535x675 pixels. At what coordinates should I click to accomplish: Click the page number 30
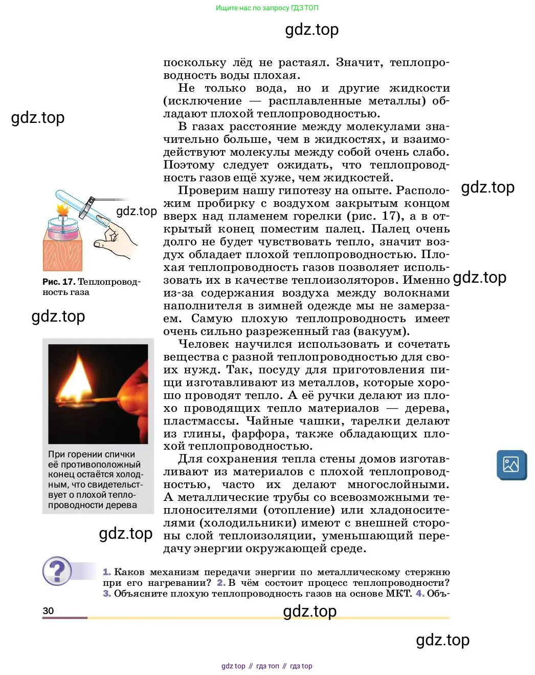click(x=48, y=610)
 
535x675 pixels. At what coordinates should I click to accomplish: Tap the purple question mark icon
click(x=57, y=571)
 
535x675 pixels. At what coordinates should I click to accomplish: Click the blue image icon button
click(x=511, y=465)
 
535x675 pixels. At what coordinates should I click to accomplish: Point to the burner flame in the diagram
click(x=63, y=208)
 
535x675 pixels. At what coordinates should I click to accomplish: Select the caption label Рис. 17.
click(x=59, y=282)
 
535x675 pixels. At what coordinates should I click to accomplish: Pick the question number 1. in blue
click(x=106, y=572)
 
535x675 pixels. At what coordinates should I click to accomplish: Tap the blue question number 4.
click(x=419, y=594)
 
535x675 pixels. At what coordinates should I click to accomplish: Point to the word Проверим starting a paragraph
click(x=206, y=191)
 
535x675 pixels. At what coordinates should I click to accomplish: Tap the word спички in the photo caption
click(x=122, y=454)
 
